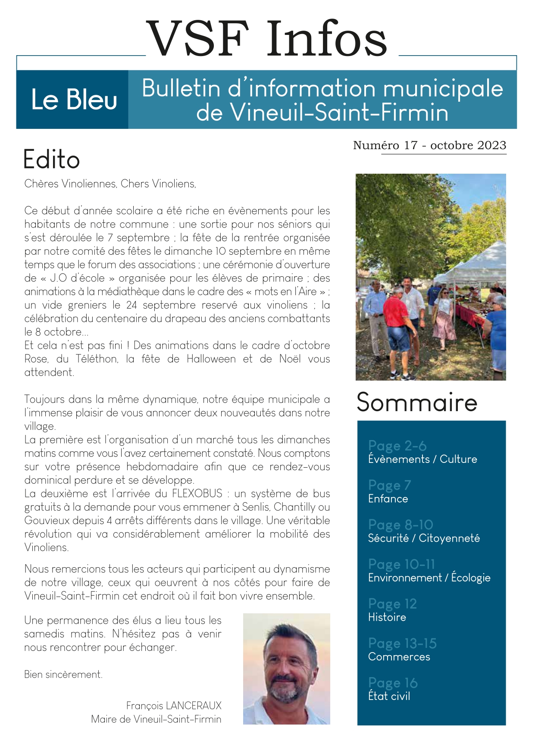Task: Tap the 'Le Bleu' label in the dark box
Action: tap(74, 100)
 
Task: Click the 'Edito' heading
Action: tap(52, 159)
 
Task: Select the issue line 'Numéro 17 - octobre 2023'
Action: tap(429, 145)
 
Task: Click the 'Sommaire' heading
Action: tap(417, 403)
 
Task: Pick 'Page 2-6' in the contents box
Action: tap(397, 445)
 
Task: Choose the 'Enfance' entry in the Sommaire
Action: tap(388, 499)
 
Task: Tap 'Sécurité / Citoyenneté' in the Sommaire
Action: tap(424, 538)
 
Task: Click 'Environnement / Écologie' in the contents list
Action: tap(429, 578)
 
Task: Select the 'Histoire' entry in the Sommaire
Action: tap(387, 617)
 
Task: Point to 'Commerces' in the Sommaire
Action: tap(399, 657)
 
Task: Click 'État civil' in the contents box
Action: tap(389, 696)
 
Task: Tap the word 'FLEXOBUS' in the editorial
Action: tap(197, 493)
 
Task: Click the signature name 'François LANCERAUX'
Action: tap(174, 706)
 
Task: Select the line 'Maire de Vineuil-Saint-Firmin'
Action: tap(156, 719)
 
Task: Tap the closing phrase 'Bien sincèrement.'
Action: tap(63, 675)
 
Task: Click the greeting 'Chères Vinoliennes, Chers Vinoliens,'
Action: tap(110, 184)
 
